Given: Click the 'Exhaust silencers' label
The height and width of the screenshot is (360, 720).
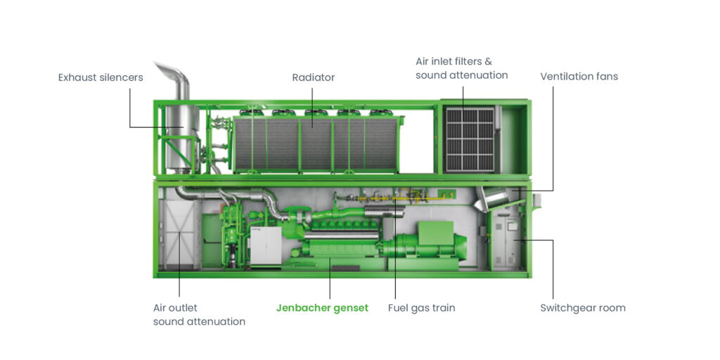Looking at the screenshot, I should coord(101,77).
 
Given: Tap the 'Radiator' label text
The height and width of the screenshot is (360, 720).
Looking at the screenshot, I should coord(313,77).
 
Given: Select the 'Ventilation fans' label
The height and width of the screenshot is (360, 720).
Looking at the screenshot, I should coord(579,76).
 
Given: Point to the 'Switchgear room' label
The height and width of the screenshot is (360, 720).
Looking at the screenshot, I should coord(582,308).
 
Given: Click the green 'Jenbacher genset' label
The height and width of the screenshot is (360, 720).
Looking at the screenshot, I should coord(322,308).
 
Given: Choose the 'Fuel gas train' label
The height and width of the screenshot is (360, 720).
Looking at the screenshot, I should coord(421,308).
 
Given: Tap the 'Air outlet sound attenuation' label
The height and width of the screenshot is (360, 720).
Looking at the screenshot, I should coord(199,315).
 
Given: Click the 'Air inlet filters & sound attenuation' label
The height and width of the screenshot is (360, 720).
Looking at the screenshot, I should coord(461,68).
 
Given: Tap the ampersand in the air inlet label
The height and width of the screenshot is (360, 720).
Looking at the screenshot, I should coord(488,62).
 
